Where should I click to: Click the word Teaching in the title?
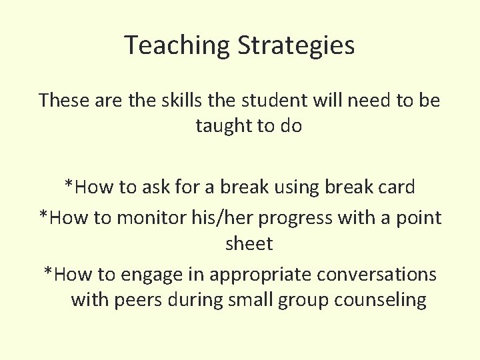tap(177, 45)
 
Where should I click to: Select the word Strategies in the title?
tap(296, 45)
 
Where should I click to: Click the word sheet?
tap(249, 243)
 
